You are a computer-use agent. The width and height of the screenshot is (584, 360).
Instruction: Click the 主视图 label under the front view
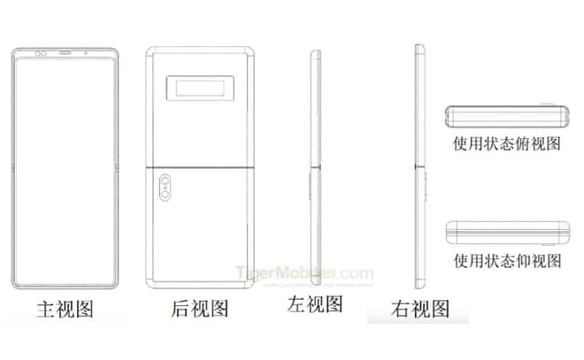point(65,310)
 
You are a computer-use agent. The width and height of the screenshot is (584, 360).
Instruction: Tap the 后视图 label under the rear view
point(201,310)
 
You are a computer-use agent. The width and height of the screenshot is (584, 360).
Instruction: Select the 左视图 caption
point(315,305)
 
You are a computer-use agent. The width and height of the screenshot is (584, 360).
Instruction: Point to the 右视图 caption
point(420,309)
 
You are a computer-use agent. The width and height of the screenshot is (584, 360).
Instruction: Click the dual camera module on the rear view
point(166,188)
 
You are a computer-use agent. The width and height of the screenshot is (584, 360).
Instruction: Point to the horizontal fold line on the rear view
point(201,166)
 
